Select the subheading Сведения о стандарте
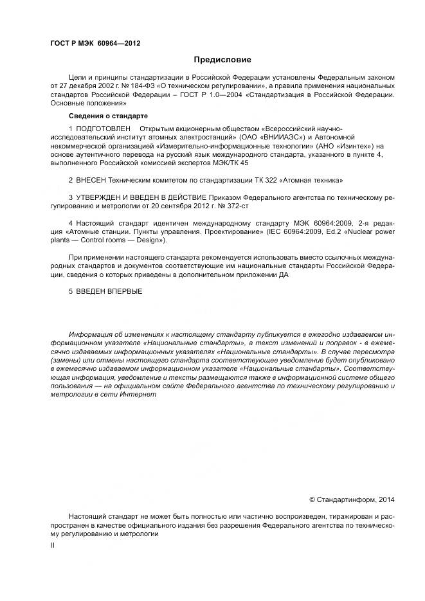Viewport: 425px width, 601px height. click(108, 116)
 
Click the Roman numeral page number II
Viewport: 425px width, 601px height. click(53, 544)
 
